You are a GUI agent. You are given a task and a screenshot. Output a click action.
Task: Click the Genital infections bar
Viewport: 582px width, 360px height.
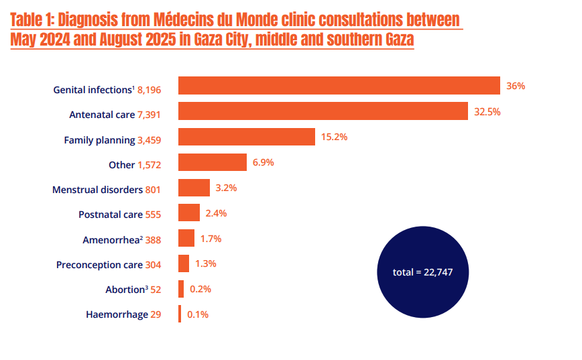(x=339, y=86)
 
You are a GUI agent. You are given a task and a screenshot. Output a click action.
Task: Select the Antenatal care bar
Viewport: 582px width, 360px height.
(x=323, y=111)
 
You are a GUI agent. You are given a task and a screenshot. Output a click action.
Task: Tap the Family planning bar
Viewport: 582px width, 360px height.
(x=246, y=137)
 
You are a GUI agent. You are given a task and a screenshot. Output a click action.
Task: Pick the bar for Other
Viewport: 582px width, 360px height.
(x=212, y=162)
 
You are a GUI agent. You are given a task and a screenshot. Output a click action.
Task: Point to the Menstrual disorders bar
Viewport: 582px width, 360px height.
(x=194, y=188)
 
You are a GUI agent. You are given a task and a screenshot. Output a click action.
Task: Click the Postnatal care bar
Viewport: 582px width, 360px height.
(x=188, y=213)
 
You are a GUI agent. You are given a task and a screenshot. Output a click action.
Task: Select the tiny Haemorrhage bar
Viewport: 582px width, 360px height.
(x=179, y=314)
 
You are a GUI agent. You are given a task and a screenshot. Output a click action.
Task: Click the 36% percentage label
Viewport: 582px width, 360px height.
(x=516, y=86)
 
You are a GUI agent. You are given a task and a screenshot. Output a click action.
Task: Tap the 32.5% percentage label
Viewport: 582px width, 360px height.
(x=487, y=112)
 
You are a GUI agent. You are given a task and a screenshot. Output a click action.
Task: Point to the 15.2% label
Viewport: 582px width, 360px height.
(x=334, y=137)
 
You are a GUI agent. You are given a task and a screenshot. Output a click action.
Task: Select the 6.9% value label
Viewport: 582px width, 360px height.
(x=263, y=163)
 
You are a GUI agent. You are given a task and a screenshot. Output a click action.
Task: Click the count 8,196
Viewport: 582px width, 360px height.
(x=149, y=89)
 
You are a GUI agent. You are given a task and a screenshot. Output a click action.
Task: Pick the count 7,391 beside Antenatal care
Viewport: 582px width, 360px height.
(x=149, y=115)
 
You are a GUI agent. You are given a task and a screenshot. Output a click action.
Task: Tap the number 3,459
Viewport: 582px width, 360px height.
(x=149, y=140)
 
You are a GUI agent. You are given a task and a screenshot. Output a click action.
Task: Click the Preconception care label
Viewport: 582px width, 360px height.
(x=99, y=265)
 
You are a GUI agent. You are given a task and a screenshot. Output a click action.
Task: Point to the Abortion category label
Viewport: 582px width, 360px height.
(x=127, y=290)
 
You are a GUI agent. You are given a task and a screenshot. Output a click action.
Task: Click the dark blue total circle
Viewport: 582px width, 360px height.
(x=422, y=272)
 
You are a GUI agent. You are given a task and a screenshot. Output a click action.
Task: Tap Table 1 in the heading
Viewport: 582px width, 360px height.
(x=33, y=19)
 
